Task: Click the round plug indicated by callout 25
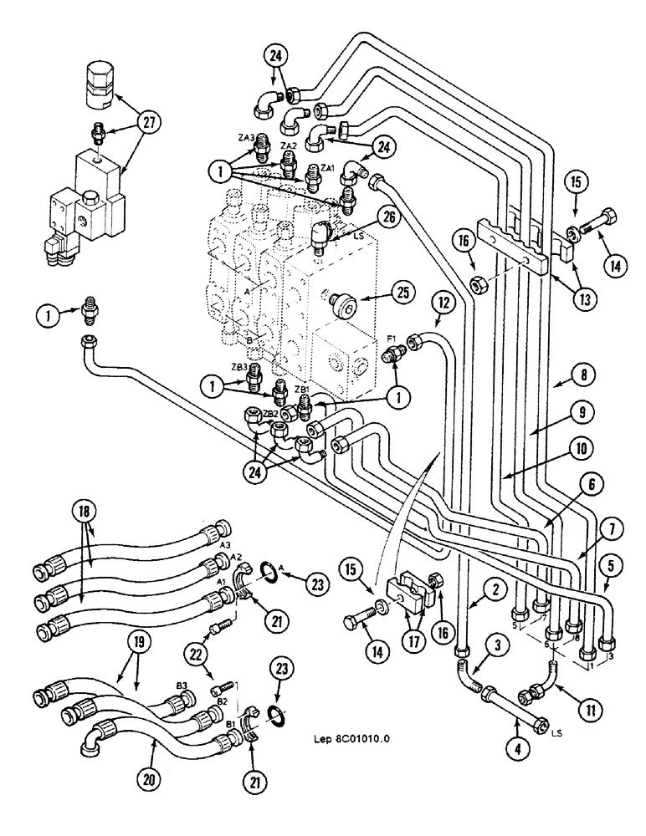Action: tap(343, 298)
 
